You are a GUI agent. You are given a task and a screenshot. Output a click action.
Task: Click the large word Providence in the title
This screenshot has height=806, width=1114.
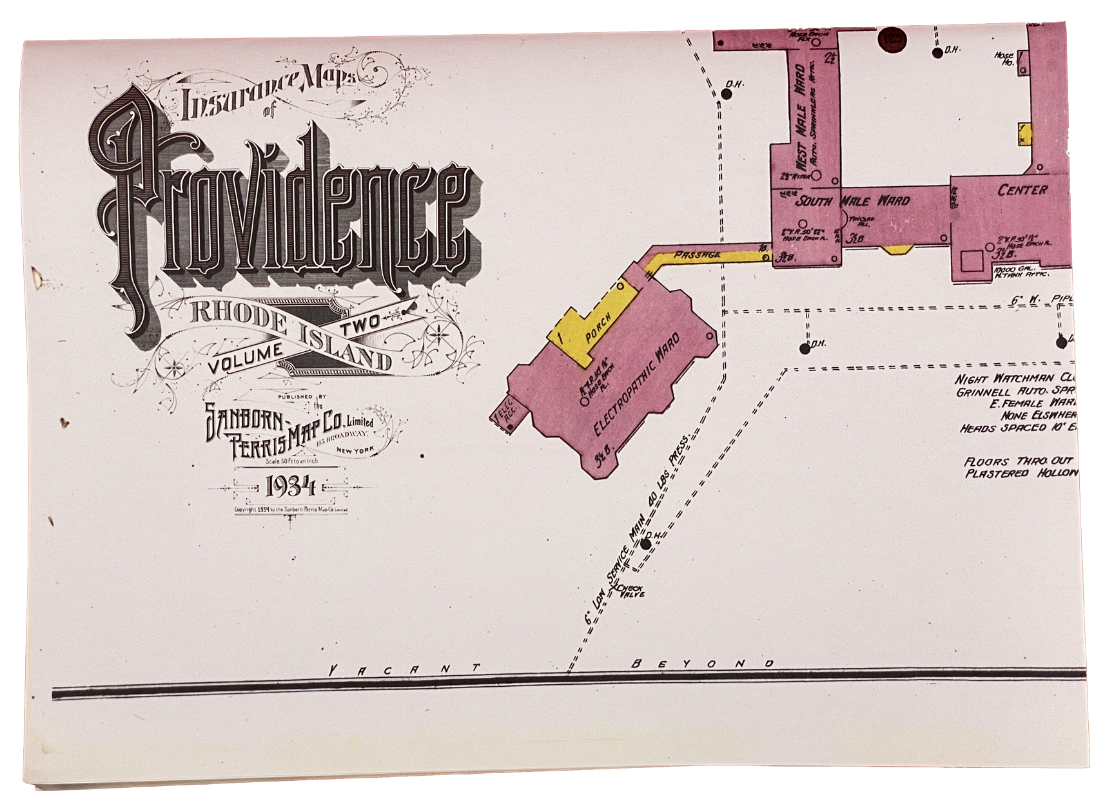(284, 206)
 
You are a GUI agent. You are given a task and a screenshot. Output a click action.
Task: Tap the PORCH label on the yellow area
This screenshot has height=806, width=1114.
(598, 328)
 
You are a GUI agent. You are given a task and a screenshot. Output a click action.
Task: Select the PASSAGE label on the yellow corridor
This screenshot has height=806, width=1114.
(697, 255)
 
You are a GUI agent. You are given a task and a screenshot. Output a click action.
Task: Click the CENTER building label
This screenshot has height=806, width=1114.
(1022, 190)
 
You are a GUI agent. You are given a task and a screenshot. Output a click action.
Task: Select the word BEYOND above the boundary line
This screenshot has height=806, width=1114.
(703, 664)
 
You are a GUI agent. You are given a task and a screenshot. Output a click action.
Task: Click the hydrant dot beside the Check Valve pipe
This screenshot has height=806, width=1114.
(646, 544)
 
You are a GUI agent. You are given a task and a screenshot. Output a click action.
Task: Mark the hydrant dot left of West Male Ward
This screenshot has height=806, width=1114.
(727, 94)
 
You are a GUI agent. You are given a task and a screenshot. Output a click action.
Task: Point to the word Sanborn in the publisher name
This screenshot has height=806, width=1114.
(244, 422)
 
